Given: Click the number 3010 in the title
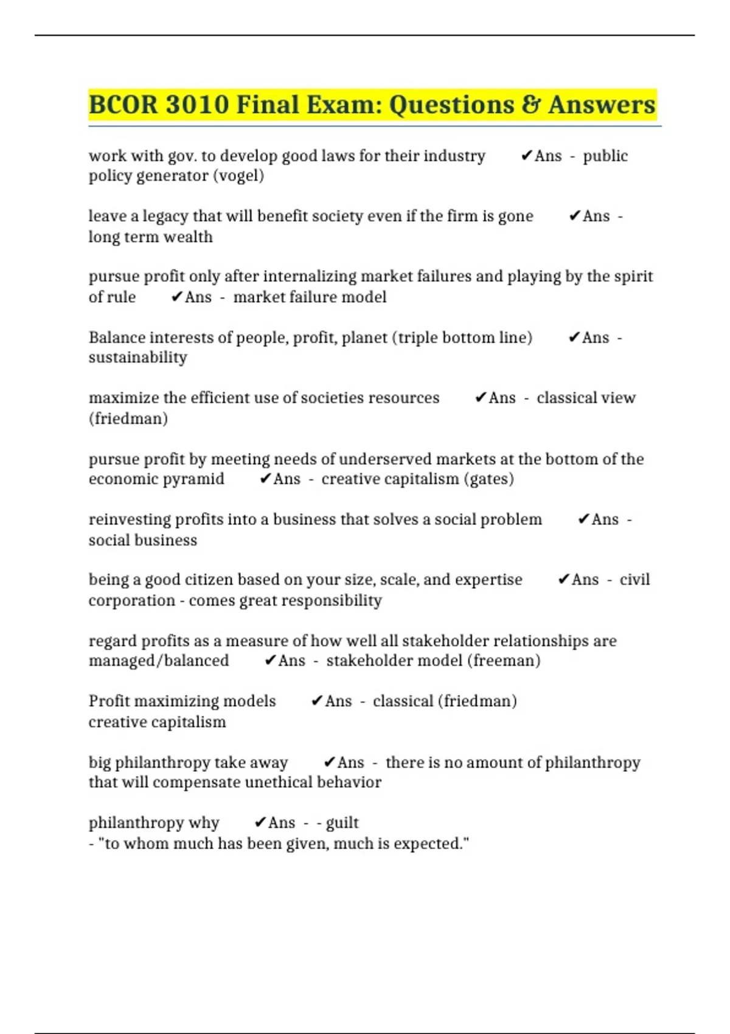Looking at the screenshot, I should coord(197,105).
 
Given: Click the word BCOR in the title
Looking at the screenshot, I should coord(123,105).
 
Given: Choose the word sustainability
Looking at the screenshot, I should coord(137,358).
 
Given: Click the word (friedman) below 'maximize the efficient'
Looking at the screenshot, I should coord(128,418).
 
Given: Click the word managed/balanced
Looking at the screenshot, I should coord(159,661).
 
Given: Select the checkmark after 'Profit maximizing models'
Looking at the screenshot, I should coord(316,701).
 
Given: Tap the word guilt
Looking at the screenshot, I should coord(342,823).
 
